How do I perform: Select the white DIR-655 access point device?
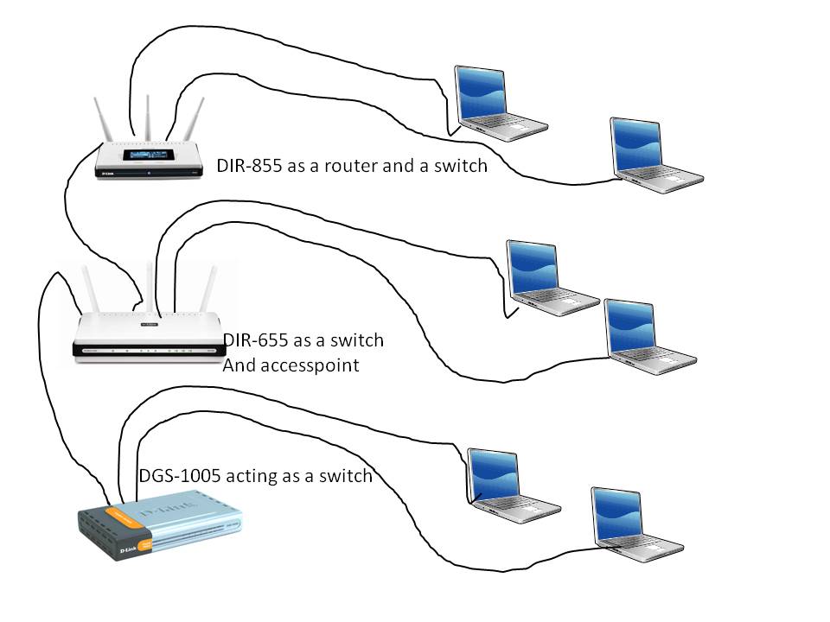(144, 335)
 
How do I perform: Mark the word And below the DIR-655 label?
(238, 365)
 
